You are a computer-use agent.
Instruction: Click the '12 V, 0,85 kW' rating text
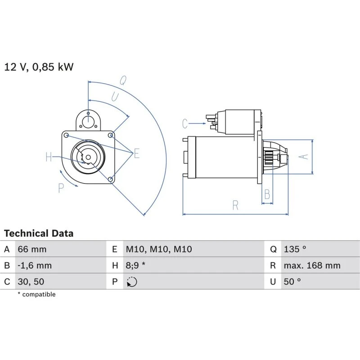[39, 67]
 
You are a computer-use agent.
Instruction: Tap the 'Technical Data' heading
[39, 234]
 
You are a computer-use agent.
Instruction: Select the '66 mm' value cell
[32, 249]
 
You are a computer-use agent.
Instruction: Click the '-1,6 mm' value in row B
[35, 265]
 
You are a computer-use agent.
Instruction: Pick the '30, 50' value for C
[31, 282]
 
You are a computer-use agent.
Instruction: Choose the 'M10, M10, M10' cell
[158, 249]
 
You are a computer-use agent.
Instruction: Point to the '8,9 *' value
[135, 265]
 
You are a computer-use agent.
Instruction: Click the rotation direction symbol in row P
[132, 282]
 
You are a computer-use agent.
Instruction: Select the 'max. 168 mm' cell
[312, 265]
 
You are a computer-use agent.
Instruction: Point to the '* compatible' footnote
[36, 294]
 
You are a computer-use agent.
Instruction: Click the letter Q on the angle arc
[122, 80]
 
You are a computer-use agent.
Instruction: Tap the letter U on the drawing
[115, 97]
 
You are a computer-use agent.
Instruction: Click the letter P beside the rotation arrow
[61, 188]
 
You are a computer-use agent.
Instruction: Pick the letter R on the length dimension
[235, 205]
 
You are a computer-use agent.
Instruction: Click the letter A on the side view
[304, 156]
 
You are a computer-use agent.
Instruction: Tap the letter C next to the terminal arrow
[185, 123]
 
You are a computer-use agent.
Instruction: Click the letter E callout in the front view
[137, 153]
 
